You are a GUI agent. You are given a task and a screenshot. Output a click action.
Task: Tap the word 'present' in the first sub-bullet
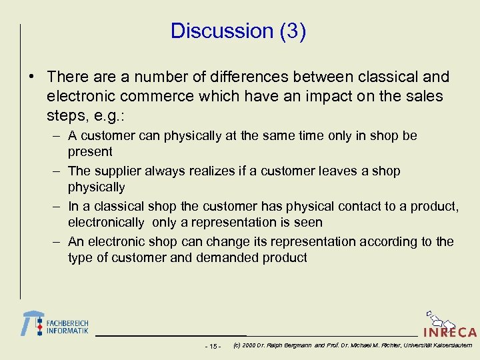(90, 151)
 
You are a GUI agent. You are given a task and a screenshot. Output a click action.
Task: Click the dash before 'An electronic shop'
(57, 242)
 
